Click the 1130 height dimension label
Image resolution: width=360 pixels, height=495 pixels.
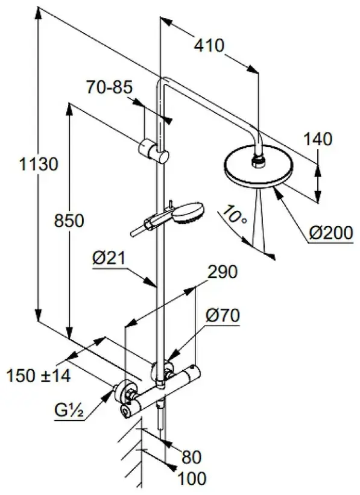tap(39, 164)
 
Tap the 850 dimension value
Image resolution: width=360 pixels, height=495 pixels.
tap(69, 220)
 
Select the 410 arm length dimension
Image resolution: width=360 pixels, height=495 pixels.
tap(209, 45)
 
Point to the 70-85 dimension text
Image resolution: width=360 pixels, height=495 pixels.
tap(110, 87)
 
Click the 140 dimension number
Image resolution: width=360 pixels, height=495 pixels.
tap(318, 139)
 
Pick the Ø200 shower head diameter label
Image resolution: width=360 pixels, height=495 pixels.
tap(330, 233)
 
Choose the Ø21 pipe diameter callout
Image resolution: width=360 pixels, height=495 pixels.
tap(109, 258)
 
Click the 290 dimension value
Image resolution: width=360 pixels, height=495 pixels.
tap(222, 272)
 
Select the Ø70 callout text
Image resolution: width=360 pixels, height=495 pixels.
tap(223, 315)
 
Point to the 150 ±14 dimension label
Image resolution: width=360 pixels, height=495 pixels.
tap(39, 376)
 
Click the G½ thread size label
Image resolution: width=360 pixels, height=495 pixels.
tap(69, 410)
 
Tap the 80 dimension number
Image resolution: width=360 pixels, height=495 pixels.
tap(191, 457)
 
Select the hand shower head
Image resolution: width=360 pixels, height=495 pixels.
tap(189, 213)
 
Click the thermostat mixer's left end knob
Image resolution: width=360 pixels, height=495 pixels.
tap(126, 411)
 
